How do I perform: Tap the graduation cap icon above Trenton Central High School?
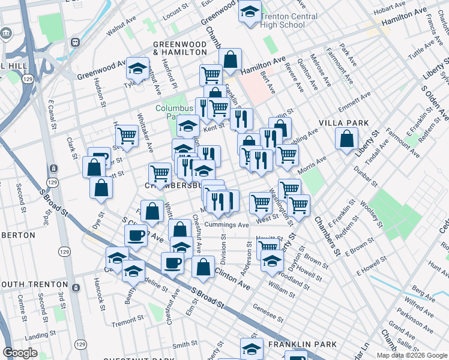click(x=249, y=11)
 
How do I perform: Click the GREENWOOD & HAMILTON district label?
click(x=179, y=49)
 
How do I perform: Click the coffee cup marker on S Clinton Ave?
click(x=136, y=235)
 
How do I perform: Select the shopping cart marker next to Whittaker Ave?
click(x=127, y=136)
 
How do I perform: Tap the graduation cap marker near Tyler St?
click(x=137, y=69)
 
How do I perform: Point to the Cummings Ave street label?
click(x=226, y=225)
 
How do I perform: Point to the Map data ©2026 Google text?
click(x=411, y=355)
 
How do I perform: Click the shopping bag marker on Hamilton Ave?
click(x=229, y=59)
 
